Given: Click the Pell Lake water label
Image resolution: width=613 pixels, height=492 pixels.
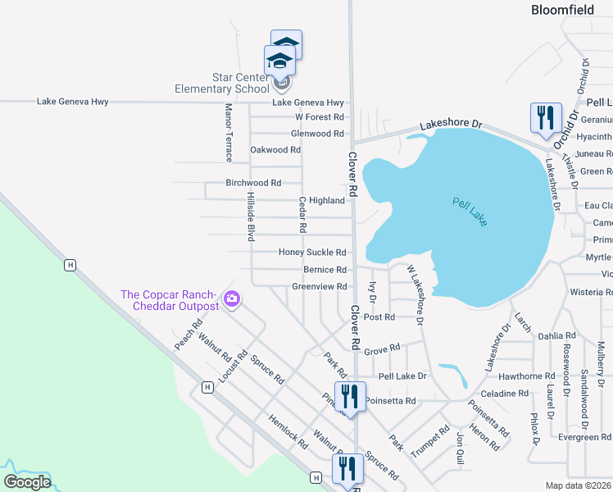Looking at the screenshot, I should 470,211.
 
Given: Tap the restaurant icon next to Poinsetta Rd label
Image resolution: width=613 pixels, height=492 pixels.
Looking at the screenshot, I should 350,398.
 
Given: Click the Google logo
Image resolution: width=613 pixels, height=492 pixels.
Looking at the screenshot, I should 27,482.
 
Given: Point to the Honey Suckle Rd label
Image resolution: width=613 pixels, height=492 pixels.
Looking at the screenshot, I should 312,253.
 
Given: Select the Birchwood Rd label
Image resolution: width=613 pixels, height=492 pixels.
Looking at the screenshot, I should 253,183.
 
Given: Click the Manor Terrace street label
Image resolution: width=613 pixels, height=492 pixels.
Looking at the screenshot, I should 229,132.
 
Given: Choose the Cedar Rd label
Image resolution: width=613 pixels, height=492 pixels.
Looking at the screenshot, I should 302,214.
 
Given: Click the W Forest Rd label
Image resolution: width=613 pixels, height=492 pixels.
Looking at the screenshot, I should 320,117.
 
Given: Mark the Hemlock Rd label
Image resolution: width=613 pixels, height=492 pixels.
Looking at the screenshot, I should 288,430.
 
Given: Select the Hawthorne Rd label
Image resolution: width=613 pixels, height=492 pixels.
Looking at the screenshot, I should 527,376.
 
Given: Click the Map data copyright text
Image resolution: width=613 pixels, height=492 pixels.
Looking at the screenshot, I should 579,485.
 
